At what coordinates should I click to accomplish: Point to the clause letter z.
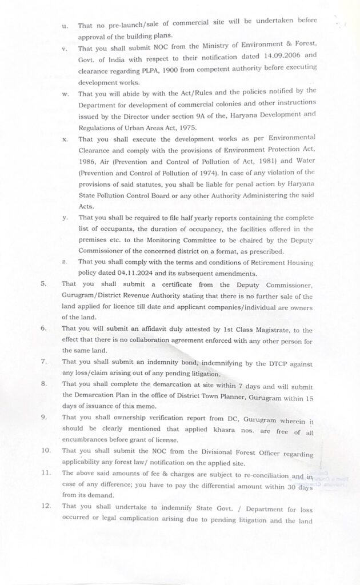(65, 261)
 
